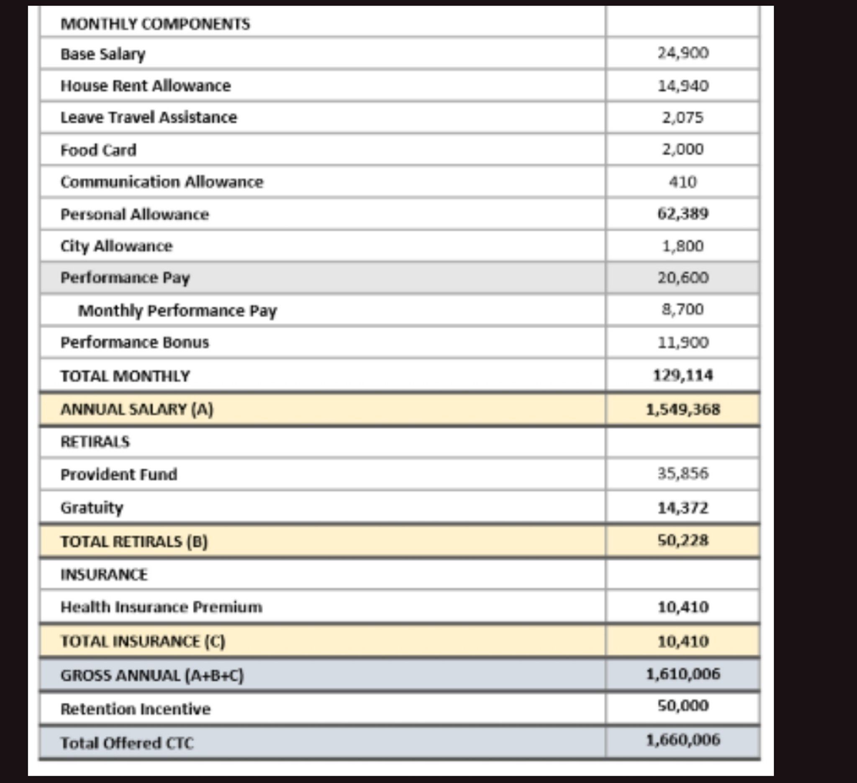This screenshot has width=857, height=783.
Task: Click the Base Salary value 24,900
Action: tap(683, 53)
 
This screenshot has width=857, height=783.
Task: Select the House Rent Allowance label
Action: tap(145, 86)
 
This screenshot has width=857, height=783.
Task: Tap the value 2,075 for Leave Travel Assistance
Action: tap(683, 117)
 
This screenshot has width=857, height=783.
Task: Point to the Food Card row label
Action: tap(98, 150)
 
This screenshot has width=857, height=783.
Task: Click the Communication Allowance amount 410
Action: tap(683, 182)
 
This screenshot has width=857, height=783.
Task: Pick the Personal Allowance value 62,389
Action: tap(683, 214)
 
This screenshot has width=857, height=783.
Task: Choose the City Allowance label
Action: tap(116, 246)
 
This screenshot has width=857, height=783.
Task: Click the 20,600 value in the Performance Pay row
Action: tap(683, 278)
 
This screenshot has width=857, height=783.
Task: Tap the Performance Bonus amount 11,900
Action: tap(683, 343)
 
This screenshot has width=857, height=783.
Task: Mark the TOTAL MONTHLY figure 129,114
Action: tap(683, 376)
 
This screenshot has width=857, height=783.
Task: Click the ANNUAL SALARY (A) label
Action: tap(136, 409)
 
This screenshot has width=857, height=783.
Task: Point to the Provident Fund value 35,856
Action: tap(683, 474)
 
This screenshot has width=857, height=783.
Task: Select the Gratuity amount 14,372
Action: tap(683, 508)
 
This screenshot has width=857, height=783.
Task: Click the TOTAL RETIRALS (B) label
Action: tap(134, 541)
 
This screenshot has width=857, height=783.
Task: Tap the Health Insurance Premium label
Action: tap(161, 607)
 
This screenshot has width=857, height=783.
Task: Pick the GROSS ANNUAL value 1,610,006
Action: tap(683, 674)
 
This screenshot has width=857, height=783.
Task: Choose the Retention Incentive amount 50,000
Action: tap(683, 706)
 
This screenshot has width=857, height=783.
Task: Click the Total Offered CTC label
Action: tap(127, 743)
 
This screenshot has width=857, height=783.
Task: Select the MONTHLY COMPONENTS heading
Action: tap(155, 24)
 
